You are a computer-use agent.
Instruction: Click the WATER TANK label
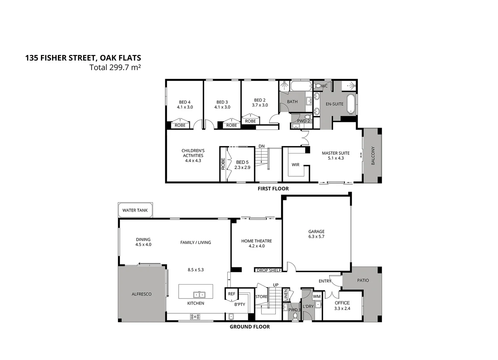click(135, 210)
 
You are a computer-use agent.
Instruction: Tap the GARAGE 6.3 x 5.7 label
click(316, 234)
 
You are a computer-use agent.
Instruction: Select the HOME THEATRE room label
click(256, 243)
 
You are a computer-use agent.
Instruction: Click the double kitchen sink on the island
click(200, 294)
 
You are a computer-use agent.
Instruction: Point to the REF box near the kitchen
click(232, 294)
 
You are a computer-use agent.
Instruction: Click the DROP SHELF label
click(269, 270)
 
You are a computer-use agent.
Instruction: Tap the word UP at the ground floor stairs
click(276, 285)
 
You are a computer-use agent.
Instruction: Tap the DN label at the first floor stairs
click(261, 146)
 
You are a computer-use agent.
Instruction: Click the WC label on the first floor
click(324, 86)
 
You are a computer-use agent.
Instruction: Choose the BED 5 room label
click(242, 165)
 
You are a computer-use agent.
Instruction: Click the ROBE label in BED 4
click(180, 125)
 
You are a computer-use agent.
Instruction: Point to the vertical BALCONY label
click(373, 156)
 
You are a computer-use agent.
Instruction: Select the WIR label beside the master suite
click(295, 165)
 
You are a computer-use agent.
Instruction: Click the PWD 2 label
click(303, 121)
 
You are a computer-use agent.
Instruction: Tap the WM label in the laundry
click(317, 296)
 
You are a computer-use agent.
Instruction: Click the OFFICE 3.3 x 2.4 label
click(342, 306)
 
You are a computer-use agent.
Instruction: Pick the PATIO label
click(363, 280)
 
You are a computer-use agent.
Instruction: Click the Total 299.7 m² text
click(115, 67)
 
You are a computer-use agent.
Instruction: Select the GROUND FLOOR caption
click(249, 327)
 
